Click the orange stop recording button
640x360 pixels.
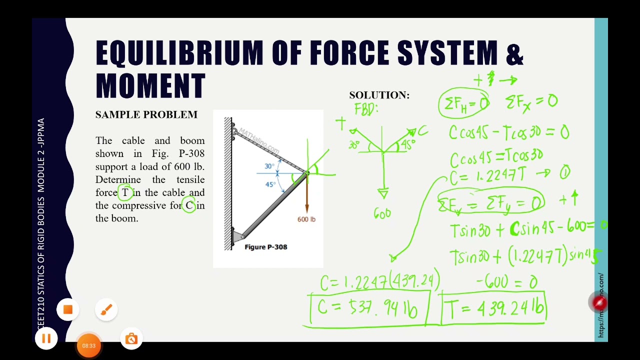68,310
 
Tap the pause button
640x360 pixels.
46,339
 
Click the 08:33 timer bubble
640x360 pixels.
88,345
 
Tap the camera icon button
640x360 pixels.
131,339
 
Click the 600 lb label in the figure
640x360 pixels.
306,219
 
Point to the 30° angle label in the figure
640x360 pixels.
269,166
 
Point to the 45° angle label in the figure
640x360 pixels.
270,184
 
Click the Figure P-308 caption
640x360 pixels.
265,246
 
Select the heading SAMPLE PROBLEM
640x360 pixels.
146,114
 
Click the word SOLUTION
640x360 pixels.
379,95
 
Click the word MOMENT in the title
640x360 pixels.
150,85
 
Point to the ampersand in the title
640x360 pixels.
514,53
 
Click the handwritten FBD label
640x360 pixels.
366,109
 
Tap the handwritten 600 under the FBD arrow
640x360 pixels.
382,214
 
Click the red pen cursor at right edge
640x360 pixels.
599,302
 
